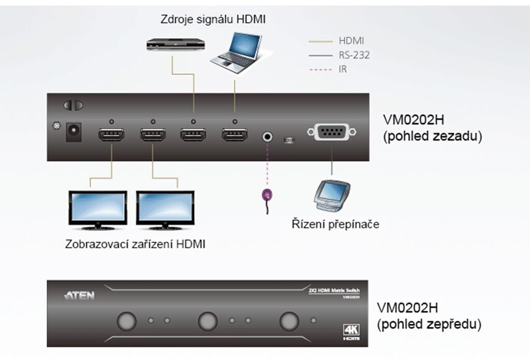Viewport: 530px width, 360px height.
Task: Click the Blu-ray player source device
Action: (175, 44)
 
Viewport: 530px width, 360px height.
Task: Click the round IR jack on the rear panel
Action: (268, 137)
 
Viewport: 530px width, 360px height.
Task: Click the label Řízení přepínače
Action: (335, 224)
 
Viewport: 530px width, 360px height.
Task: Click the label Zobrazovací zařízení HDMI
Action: (136, 244)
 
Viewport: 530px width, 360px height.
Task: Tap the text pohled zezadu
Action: (430, 137)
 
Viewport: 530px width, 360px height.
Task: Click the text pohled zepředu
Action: (430, 324)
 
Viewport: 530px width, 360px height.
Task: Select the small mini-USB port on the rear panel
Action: (288, 140)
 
